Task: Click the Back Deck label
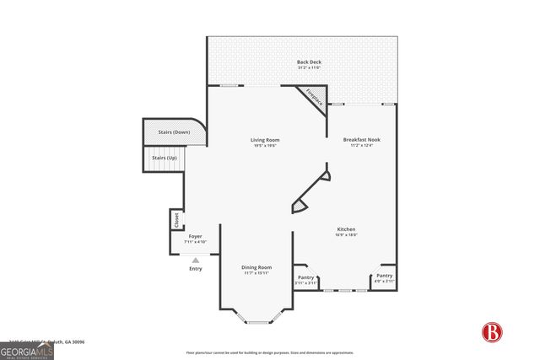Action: click(x=307, y=62)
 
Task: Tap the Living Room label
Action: click(x=264, y=140)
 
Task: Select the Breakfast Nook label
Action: click(x=363, y=139)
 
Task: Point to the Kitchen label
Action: click(x=346, y=229)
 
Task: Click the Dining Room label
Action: click(x=257, y=267)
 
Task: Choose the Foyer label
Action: click(x=195, y=237)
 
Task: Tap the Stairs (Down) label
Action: click(x=170, y=132)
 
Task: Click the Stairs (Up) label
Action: click(x=165, y=158)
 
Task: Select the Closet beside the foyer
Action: click(x=175, y=220)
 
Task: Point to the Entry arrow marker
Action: click(x=196, y=261)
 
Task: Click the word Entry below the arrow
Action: click(x=196, y=269)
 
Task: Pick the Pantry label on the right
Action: click(x=384, y=276)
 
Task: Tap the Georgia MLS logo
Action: click(x=27, y=349)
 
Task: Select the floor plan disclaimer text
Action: click(x=269, y=352)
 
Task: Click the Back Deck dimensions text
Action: click(x=307, y=69)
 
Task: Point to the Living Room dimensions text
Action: click(x=264, y=147)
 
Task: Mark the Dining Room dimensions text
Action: click(x=257, y=273)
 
